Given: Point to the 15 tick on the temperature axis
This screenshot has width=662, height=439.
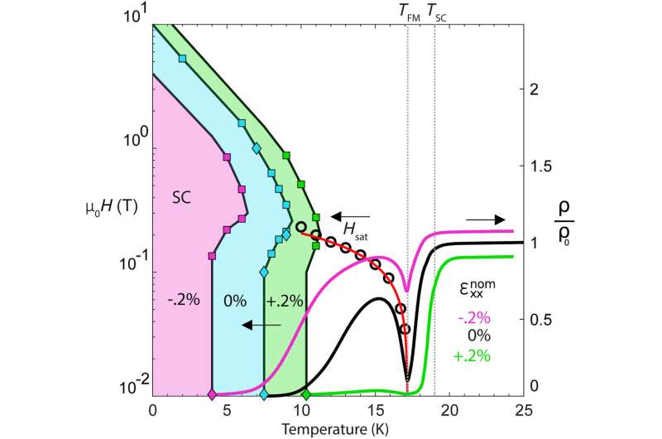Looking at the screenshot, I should tap(377, 410).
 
